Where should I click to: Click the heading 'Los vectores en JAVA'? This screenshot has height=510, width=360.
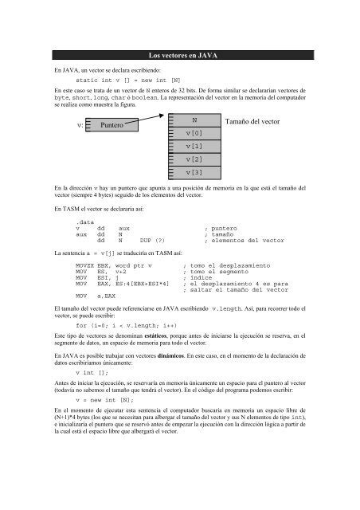coord(179,55)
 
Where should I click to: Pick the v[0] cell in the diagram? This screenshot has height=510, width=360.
coord(194,132)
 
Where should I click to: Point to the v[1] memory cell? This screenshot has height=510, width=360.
coord(194,147)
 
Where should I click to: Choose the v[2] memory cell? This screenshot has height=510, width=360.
coord(194,159)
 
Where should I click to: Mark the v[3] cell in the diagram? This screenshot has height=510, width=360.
coord(194,172)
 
